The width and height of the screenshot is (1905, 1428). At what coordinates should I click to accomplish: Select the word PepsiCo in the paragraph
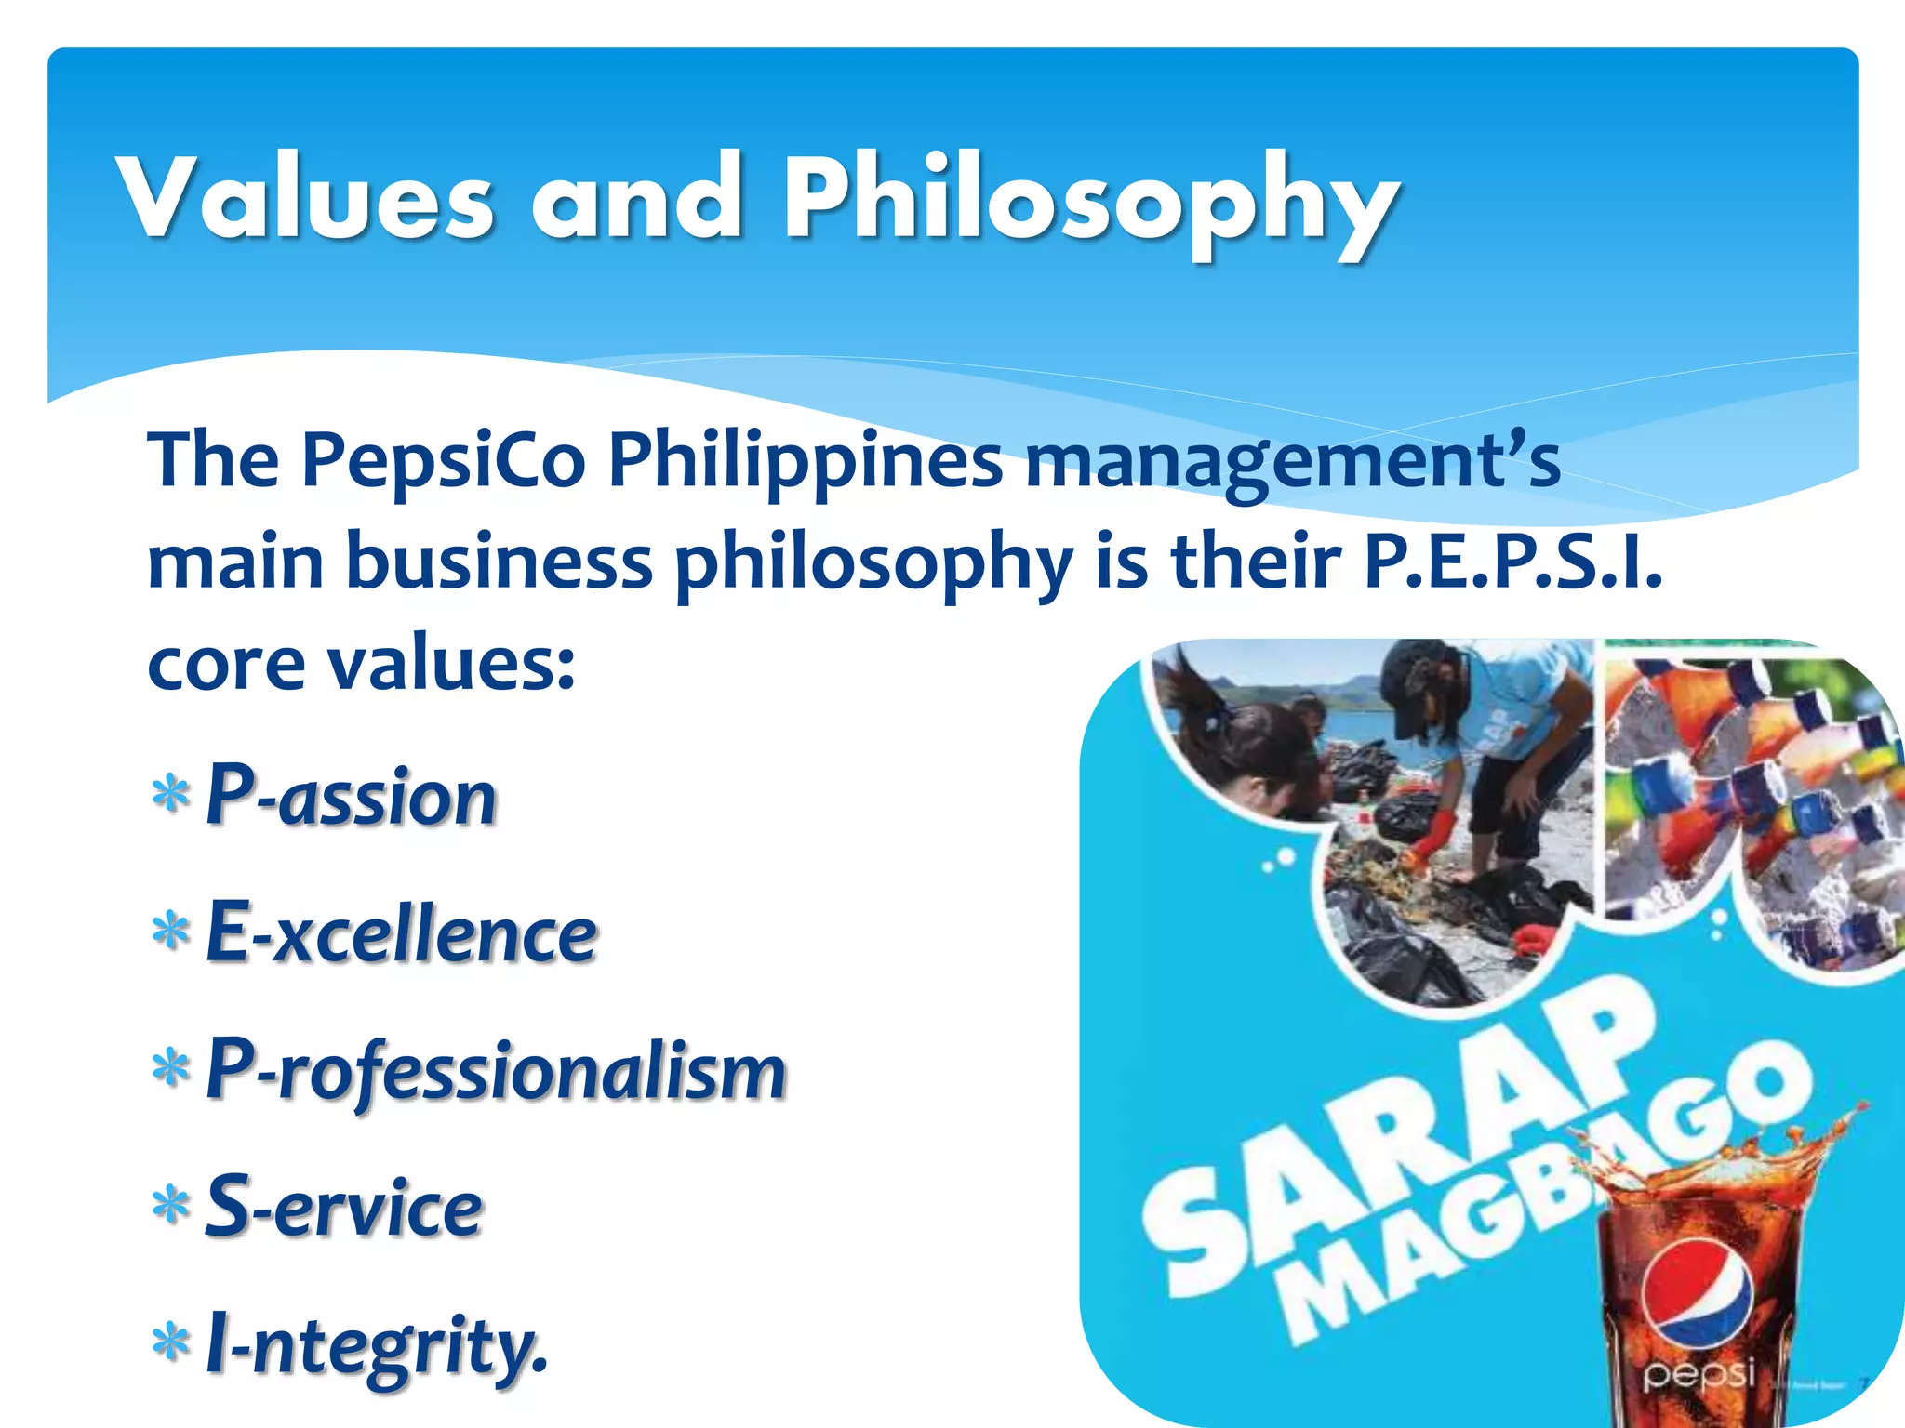(x=444, y=462)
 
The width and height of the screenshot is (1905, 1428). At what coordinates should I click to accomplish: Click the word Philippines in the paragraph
(x=806, y=462)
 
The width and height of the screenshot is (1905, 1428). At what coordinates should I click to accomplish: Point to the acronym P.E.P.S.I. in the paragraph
(x=1512, y=562)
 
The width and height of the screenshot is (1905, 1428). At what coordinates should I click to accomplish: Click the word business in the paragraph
(x=500, y=562)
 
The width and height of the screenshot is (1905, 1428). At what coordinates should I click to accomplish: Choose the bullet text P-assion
(x=351, y=796)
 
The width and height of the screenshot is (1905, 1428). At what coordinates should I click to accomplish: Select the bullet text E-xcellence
(x=401, y=932)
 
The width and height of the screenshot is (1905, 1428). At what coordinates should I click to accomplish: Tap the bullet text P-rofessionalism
(x=496, y=1070)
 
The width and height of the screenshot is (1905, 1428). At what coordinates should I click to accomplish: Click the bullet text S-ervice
(x=343, y=1207)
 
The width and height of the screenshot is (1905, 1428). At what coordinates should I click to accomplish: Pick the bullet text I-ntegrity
(x=376, y=1344)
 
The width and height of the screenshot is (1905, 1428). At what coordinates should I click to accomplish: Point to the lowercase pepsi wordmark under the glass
(x=1699, y=1373)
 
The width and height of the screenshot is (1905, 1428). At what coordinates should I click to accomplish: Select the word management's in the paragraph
(x=1293, y=462)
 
